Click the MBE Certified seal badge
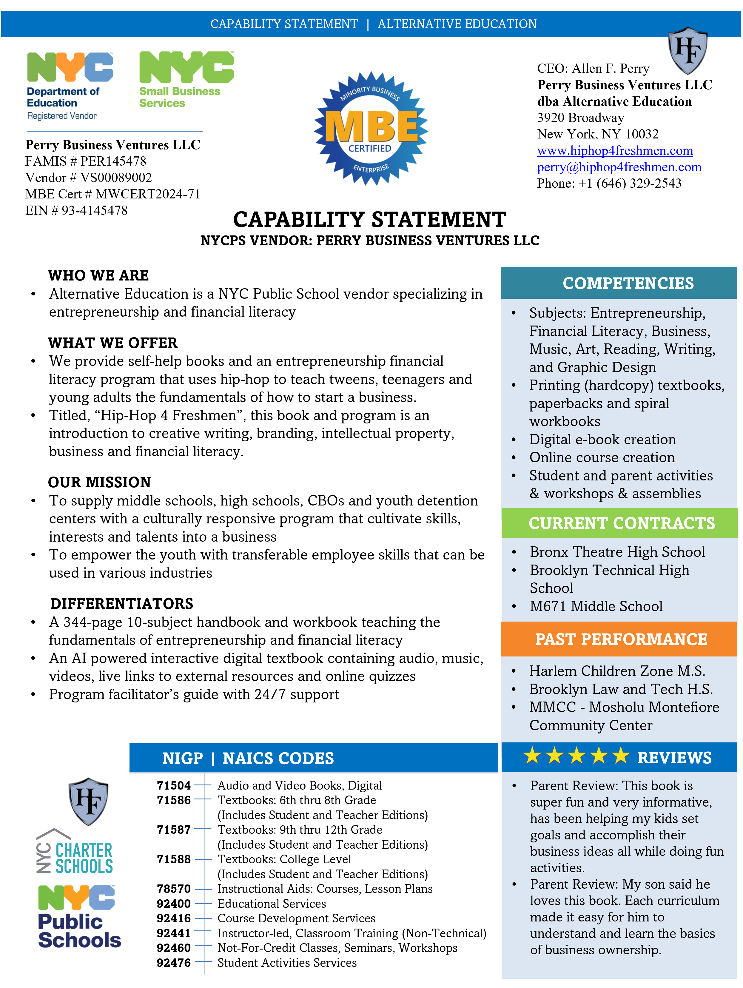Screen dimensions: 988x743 pyautogui.click(x=371, y=129)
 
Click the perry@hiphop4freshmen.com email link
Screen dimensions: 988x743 pyautogui.click(x=619, y=167)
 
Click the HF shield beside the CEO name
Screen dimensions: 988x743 pyautogui.click(x=687, y=50)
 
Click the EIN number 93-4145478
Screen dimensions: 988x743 pyautogui.click(x=94, y=210)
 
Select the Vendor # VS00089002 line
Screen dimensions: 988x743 pyautogui.click(x=88, y=178)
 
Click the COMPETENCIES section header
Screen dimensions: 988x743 pyautogui.click(x=628, y=283)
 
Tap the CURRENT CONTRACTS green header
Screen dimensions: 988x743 pyautogui.click(x=622, y=523)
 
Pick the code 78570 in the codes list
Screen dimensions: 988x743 pyautogui.click(x=174, y=889)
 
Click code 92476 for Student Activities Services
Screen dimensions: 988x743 pyautogui.click(x=174, y=963)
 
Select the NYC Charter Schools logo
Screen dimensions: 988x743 pyautogui.click(x=75, y=853)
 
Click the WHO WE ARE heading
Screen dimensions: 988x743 pyautogui.click(x=98, y=276)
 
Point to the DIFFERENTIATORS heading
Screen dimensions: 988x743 pyautogui.click(x=121, y=604)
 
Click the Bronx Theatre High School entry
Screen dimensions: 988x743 pyautogui.click(x=617, y=552)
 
